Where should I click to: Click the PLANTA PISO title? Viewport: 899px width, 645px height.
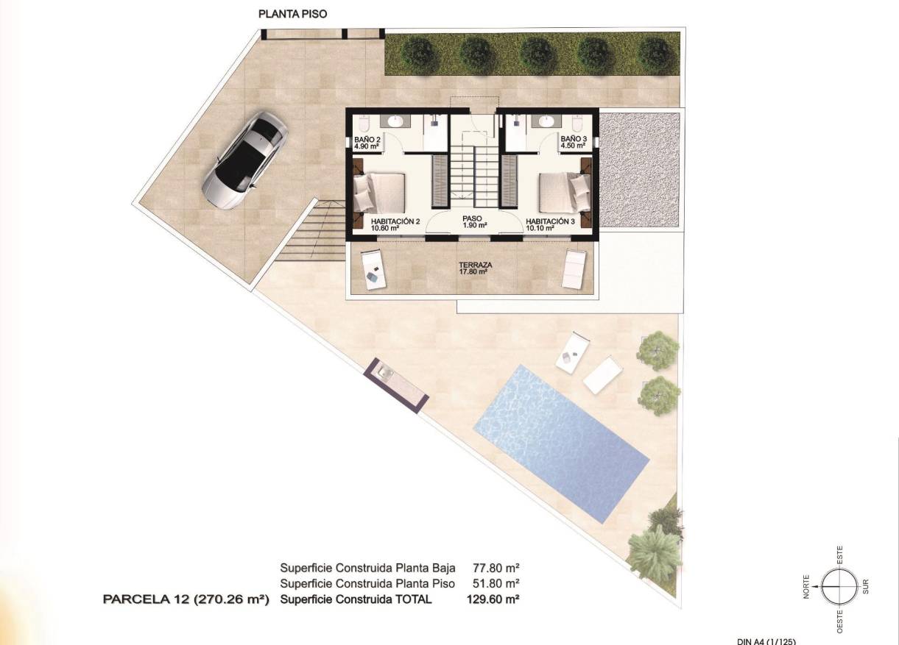click(x=292, y=13)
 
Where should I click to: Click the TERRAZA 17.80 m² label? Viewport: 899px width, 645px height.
click(x=474, y=268)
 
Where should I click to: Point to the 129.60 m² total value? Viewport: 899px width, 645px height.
click(x=493, y=599)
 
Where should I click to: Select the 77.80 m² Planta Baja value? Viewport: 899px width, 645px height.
click(x=493, y=568)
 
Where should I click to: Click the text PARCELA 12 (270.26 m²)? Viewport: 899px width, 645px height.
click(x=186, y=599)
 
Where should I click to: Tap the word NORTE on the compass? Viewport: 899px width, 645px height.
click(x=807, y=586)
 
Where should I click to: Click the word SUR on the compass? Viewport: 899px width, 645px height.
click(x=866, y=586)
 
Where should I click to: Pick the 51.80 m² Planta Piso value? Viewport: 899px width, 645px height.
click(x=493, y=583)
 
